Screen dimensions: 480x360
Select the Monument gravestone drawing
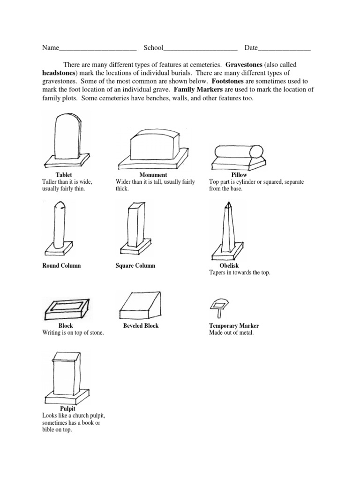pyautogui.click(x=153, y=149)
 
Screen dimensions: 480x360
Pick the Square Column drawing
pyautogui.click(x=135, y=228)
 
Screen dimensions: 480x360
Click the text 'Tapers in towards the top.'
pyautogui.click(x=240, y=272)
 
